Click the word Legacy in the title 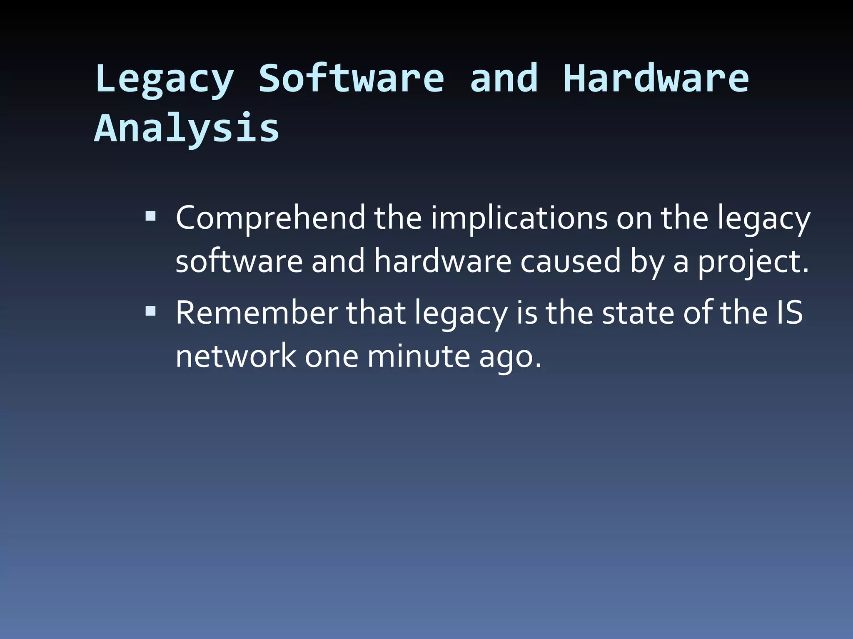[164, 79]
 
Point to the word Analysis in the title [187, 128]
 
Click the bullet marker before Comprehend [150, 216]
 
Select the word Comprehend [270, 218]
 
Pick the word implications [519, 218]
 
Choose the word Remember [257, 313]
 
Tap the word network [236, 357]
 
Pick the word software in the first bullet [239, 262]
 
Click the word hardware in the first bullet [442, 262]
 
